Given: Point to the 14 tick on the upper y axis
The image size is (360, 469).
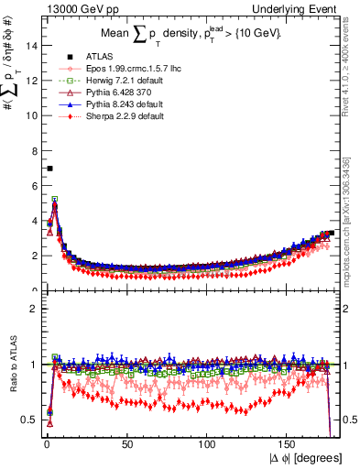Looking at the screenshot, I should coord(31,46).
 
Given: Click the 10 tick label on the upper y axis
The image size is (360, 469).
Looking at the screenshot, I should coord(31,115).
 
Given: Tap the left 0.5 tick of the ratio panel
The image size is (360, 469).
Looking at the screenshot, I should coord(30,420).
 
